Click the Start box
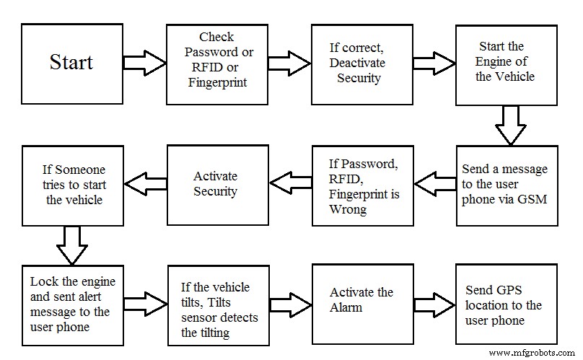click(x=71, y=63)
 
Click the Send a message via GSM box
click(x=505, y=185)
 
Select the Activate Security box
click(x=216, y=185)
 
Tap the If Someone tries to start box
click(x=71, y=185)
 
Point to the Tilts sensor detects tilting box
click(x=216, y=304)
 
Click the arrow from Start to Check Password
click(x=144, y=62)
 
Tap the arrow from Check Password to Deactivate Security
click(x=288, y=62)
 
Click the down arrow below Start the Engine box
click(x=511, y=125)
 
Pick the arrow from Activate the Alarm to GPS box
click(x=433, y=301)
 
